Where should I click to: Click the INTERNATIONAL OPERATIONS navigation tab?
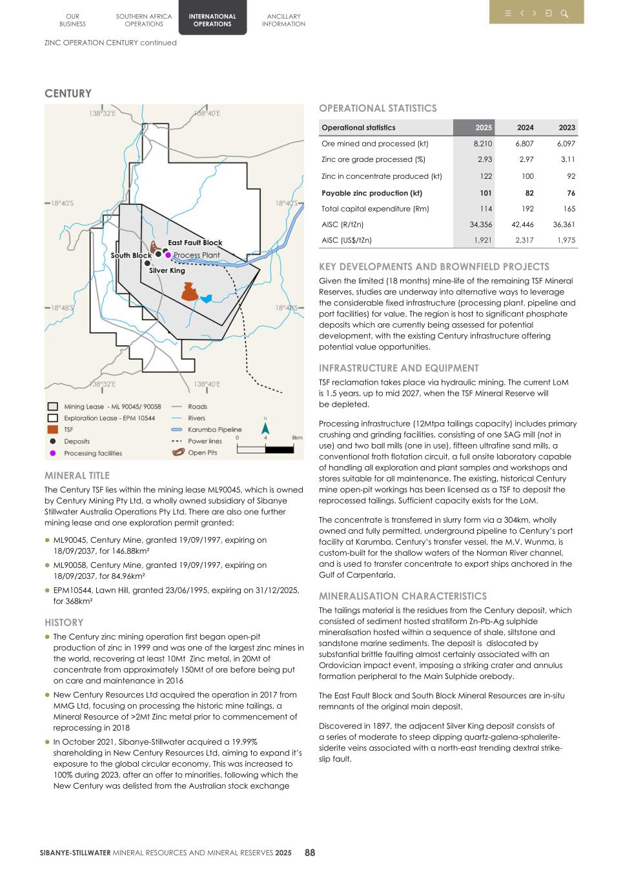click(212, 20)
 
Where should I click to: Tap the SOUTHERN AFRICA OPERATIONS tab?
click(144, 20)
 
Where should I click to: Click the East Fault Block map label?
click(195, 243)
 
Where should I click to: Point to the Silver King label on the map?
click(167, 270)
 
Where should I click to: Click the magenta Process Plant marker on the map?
click(169, 255)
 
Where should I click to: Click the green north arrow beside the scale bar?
click(265, 429)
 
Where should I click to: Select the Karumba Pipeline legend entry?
click(214, 430)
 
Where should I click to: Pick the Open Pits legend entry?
click(202, 452)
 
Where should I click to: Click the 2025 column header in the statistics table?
click(484, 128)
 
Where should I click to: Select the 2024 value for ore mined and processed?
click(524, 144)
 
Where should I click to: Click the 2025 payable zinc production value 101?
click(485, 193)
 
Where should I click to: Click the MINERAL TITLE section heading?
click(77, 476)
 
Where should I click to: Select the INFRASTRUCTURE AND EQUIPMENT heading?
click(398, 368)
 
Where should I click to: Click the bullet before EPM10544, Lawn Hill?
click(47, 590)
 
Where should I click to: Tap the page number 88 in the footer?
click(310, 853)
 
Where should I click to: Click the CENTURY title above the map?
click(68, 94)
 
